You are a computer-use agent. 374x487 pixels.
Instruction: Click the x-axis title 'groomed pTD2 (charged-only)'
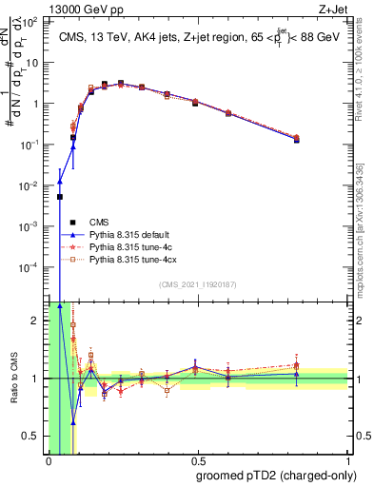click(x=276, y=475)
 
